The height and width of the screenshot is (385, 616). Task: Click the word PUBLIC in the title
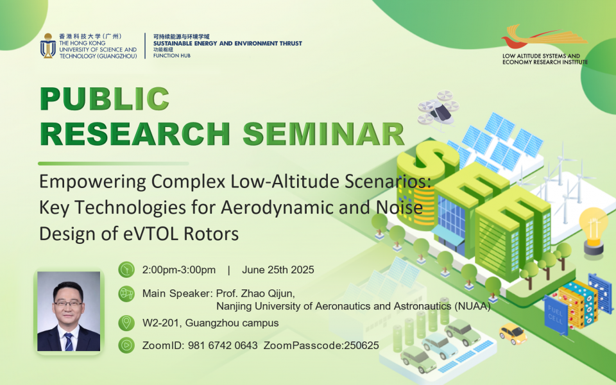tap(105, 99)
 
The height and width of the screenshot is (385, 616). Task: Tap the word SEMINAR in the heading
tap(323, 134)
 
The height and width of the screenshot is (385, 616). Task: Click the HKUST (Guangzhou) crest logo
tap(48, 46)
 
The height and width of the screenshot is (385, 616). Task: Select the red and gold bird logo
tap(544, 36)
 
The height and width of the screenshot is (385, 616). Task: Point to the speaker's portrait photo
tap(69, 311)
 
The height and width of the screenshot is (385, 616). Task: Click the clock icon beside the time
tap(126, 269)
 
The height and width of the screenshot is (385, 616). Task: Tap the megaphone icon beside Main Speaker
tap(126, 293)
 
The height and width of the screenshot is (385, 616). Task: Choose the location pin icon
tap(126, 323)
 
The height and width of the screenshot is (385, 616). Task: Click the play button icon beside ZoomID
tap(126, 345)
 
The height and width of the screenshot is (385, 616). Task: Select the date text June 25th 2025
tap(278, 270)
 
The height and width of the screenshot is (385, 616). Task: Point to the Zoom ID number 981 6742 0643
tap(223, 345)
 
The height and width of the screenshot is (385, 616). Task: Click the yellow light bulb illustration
tap(593, 232)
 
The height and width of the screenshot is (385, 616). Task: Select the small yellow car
tap(513, 334)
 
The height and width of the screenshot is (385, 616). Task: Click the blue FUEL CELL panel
tap(556, 314)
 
